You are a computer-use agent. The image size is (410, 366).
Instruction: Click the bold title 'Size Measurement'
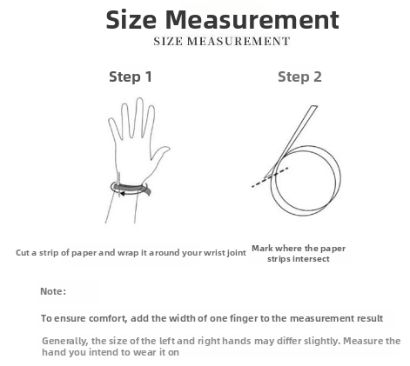[223, 20]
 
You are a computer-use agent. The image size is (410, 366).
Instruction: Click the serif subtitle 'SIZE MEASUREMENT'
[222, 42]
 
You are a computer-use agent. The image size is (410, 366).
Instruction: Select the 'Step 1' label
[131, 77]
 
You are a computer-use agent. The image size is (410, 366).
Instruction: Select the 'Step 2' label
[299, 77]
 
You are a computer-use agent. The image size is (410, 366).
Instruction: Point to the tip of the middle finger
[139, 99]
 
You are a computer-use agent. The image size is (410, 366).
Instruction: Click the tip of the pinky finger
[111, 119]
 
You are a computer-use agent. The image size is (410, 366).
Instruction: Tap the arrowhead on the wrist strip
[123, 194]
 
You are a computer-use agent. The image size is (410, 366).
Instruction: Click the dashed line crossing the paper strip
[270, 177]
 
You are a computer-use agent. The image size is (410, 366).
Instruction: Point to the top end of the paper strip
[314, 106]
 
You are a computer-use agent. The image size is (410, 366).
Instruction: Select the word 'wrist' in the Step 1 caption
[214, 253]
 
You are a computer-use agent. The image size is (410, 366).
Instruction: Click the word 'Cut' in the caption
[23, 253]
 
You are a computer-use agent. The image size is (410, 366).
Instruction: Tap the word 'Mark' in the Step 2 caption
[262, 249]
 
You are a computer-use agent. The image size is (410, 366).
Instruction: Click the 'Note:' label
[53, 291]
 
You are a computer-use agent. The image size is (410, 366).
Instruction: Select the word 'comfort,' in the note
[108, 318]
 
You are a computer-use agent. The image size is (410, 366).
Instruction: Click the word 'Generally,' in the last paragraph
[64, 341]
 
